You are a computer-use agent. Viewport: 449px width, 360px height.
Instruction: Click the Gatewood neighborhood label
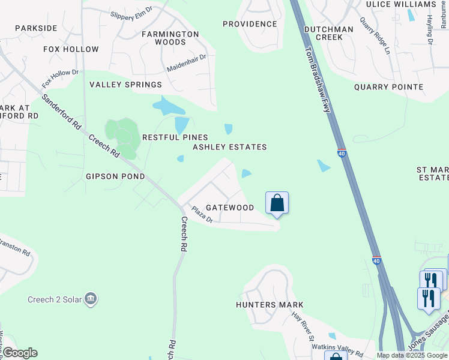[x=230, y=208]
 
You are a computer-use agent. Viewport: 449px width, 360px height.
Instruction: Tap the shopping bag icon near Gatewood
[x=277, y=203]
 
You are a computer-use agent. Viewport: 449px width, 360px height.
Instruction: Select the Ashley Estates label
[x=229, y=147]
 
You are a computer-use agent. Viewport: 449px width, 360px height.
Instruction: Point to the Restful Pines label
[x=175, y=137]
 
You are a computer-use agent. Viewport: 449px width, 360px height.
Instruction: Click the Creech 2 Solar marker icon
[x=91, y=299]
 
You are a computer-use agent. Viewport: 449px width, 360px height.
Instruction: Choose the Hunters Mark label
[x=270, y=305]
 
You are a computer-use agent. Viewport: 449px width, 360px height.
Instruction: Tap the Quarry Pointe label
[x=388, y=87]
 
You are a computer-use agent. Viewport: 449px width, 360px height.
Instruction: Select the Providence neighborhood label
[x=250, y=24]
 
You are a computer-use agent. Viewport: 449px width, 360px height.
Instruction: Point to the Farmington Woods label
[x=170, y=38]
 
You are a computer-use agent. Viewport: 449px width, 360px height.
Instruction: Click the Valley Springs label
[x=126, y=85]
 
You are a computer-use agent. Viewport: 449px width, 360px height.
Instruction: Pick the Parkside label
[x=36, y=28]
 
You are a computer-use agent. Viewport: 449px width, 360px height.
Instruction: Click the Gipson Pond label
[x=115, y=176]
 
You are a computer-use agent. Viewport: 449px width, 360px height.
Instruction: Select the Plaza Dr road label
[x=202, y=215]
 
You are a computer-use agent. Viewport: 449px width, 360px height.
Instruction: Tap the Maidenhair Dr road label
[x=187, y=63]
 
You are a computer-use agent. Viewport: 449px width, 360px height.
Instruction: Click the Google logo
[x=19, y=353]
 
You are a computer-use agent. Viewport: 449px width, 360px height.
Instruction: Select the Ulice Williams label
[x=400, y=4]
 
